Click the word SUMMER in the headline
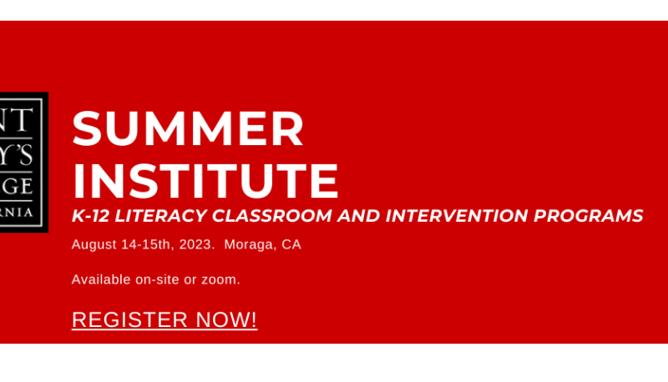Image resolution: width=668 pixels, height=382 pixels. (x=188, y=130)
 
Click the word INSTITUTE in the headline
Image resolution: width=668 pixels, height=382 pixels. (x=205, y=179)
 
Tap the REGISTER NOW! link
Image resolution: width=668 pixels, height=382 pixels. (x=164, y=319)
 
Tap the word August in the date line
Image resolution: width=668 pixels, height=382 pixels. (x=93, y=245)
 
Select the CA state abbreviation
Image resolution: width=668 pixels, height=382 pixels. (x=291, y=245)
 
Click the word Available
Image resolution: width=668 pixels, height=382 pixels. (x=101, y=279)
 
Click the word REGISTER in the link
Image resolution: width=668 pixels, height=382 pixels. (x=129, y=319)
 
